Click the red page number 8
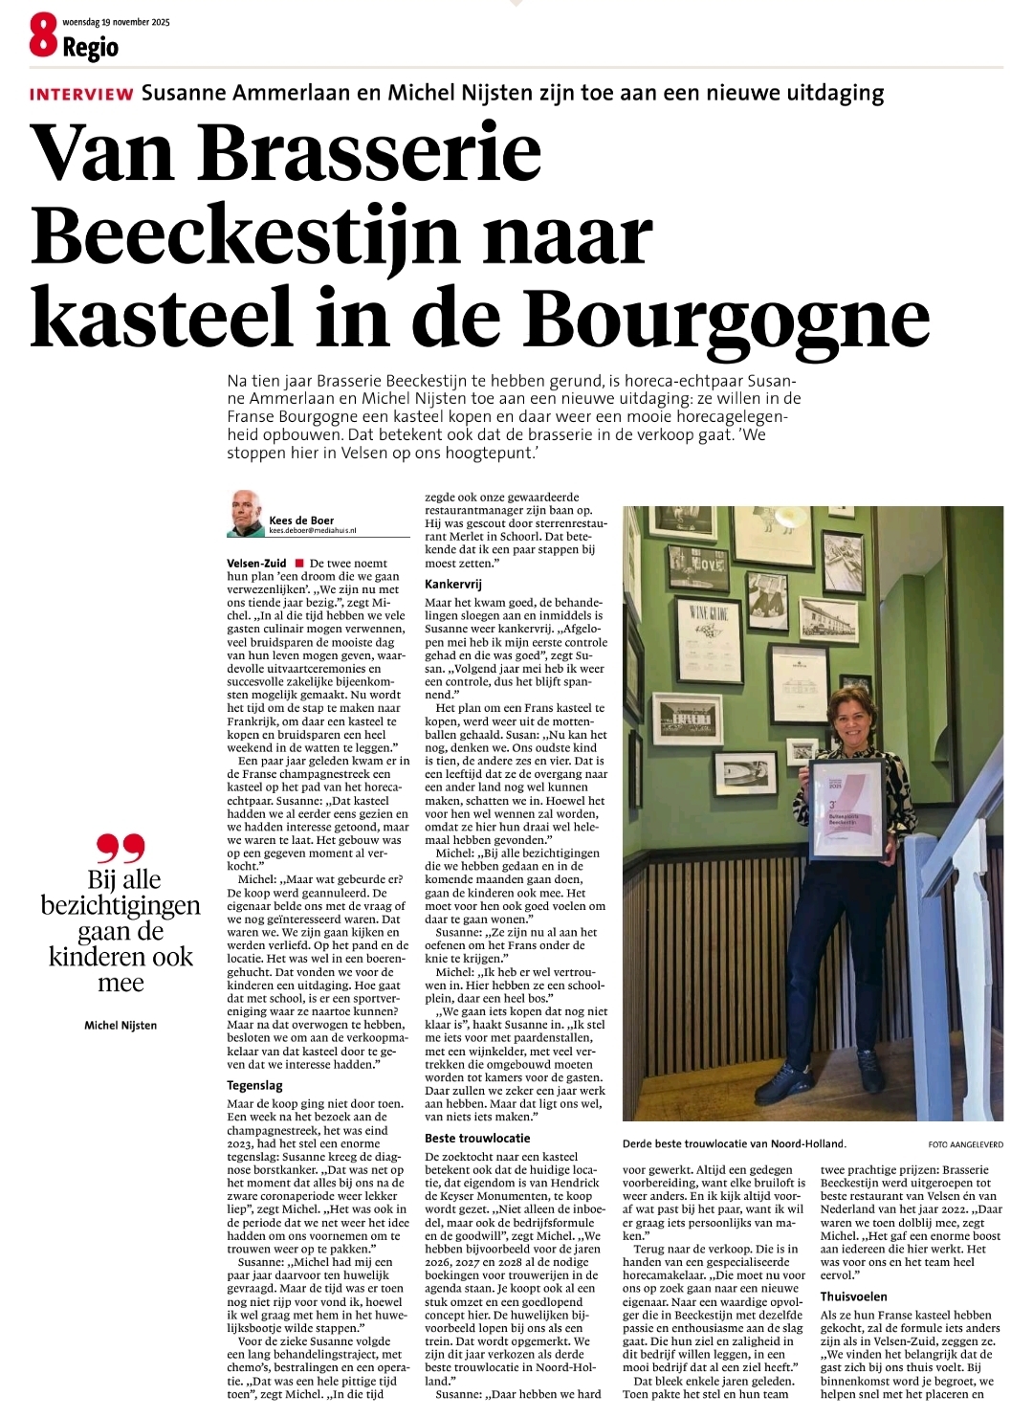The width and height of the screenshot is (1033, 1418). click(x=43, y=36)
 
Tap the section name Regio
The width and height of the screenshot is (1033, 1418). click(x=91, y=48)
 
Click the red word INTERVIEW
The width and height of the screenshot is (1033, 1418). click(x=81, y=94)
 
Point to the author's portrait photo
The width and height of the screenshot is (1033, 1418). click(x=246, y=513)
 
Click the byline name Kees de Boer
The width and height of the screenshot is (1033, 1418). click(x=301, y=521)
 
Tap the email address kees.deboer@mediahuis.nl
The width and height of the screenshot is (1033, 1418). click(x=313, y=530)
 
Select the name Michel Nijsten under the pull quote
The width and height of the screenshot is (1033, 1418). click(x=121, y=1025)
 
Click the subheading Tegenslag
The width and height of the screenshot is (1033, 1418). click(x=255, y=1086)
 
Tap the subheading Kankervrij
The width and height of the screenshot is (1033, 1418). click(x=453, y=584)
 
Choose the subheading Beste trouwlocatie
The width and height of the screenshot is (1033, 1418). click(x=477, y=1138)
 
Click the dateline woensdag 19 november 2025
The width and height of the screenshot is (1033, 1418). click(x=116, y=22)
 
